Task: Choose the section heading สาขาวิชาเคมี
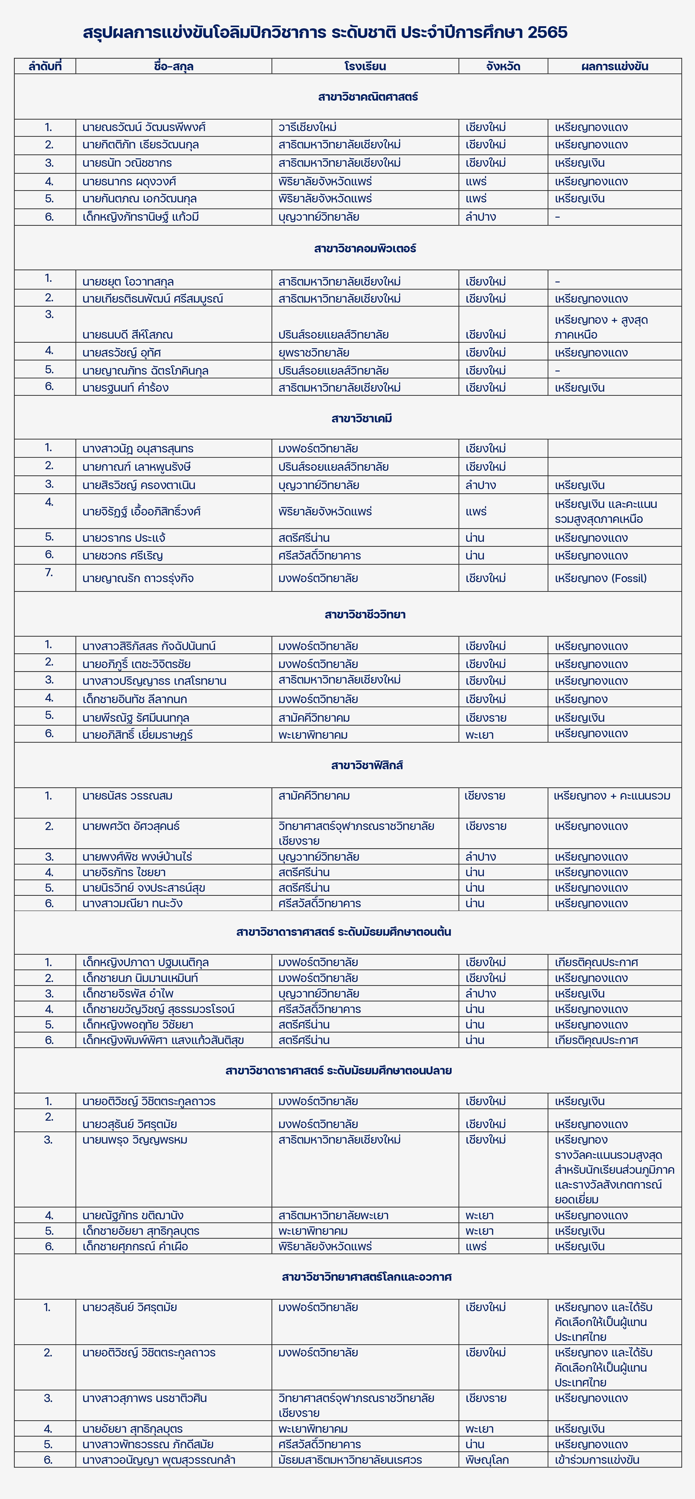[x=362, y=418]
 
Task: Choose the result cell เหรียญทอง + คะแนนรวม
[x=612, y=795]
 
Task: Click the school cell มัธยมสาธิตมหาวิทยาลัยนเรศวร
[x=350, y=1459]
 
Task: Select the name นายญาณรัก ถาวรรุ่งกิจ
[x=138, y=578]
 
